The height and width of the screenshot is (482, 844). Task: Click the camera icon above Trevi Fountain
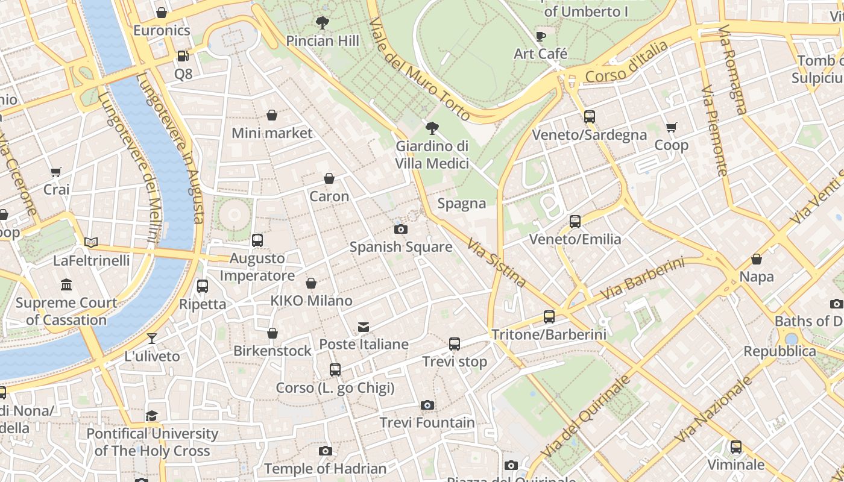coord(427,405)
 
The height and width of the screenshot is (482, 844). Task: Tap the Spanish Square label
coord(401,247)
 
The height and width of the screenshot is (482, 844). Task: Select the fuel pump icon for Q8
coord(183,56)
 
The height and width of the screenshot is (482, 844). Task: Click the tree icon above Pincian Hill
coord(323,23)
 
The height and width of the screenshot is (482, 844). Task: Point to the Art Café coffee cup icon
coord(541,36)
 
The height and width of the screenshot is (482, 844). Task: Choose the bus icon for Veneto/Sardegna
coord(590,117)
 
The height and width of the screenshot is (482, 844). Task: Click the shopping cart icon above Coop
coord(671,127)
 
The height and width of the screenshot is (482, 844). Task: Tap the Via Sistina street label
coord(497,261)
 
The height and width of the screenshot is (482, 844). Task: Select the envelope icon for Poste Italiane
coord(364,327)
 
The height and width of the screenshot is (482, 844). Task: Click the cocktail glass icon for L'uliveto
coord(152,339)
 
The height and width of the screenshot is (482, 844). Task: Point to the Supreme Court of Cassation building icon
coord(66,284)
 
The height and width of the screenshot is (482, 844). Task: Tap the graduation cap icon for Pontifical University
coord(151,416)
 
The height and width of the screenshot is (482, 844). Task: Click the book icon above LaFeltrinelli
coord(91,242)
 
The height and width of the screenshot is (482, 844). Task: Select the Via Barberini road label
coord(643,280)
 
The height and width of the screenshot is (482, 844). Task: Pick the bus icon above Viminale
coord(735,447)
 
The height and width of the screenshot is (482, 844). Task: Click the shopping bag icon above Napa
coord(756,259)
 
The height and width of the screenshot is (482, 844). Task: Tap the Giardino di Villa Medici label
coord(432,155)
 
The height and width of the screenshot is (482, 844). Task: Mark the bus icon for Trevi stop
coord(455,344)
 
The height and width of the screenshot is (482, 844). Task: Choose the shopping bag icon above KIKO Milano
coord(311,283)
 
